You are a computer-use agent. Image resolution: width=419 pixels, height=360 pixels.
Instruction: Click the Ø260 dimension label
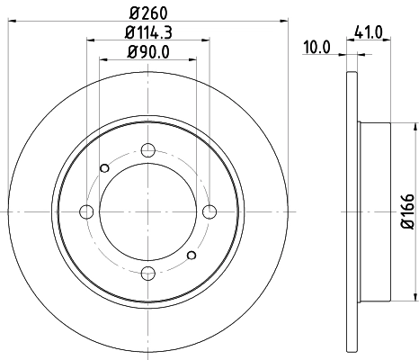pos(148,12)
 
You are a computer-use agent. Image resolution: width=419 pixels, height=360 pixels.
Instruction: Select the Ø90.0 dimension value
pos(148,51)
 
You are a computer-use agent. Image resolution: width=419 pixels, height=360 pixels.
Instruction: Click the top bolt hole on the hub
pos(149,149)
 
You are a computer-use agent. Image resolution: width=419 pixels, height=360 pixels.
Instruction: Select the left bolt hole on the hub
pos(87,212)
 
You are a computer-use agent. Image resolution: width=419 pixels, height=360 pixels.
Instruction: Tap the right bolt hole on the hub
pos(210,211)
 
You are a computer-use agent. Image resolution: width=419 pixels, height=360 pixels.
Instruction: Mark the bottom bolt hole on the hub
pos(149,274)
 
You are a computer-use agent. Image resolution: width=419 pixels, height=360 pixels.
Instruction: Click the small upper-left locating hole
pos(105,167)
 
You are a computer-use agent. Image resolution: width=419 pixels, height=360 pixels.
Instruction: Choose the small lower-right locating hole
pos(192,256)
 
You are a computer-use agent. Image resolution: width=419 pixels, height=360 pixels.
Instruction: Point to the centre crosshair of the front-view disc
pos(149,211)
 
